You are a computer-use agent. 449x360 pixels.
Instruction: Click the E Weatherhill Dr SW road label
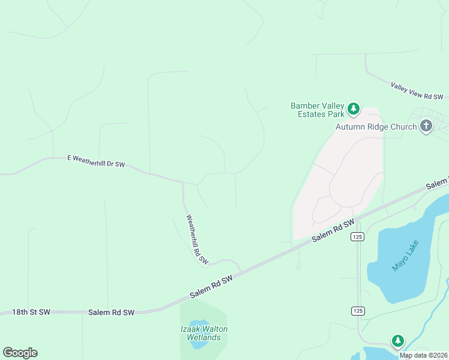[96, 161]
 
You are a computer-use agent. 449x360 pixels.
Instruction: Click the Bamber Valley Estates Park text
[318, 110]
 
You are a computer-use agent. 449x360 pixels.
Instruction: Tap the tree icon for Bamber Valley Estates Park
[354, 109]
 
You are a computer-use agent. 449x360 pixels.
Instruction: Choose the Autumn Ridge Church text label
[376, 127]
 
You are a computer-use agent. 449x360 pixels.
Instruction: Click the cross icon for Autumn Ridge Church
[426, 126]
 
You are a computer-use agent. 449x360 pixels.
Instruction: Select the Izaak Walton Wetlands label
[204, 333]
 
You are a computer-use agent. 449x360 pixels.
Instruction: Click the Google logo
[20, 353]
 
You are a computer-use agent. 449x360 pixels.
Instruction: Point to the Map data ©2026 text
[423, 355]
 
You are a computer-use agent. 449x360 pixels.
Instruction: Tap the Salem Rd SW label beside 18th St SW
[111, 313]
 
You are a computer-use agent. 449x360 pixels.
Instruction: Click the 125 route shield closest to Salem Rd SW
[358, 236]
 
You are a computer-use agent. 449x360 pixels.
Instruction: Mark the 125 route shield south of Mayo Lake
[358, 310]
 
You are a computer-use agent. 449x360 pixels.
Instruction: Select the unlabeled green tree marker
[397, 341]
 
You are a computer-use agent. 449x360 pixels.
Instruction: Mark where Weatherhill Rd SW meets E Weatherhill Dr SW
[182, 182]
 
